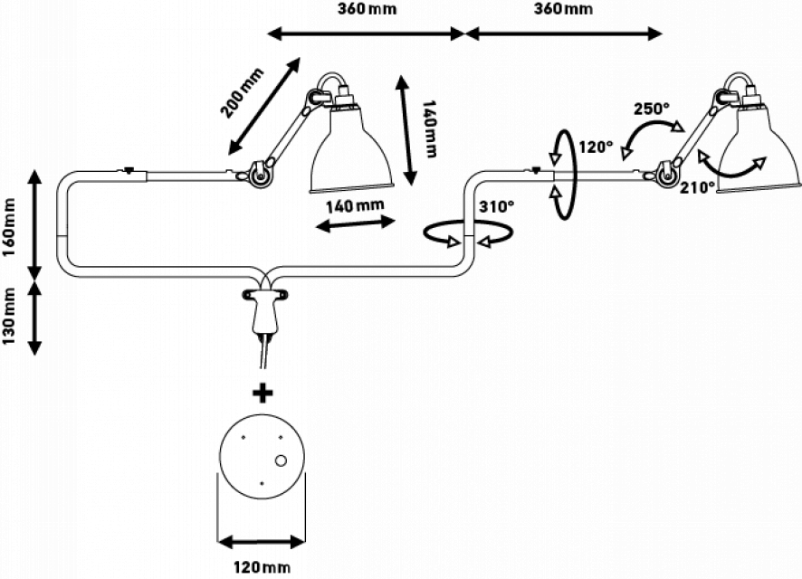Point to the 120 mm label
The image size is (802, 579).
click(x=261, y=567)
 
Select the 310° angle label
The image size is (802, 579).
click(x=496, y=206)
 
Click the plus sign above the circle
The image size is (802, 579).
click(x=263, y=393)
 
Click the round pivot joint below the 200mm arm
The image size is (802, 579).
click(x=261, y=175)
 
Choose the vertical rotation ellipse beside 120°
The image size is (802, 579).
click(x=563, y=175)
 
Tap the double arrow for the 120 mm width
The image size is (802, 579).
click(x=261, y=541)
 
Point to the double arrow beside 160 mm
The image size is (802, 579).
click(x=35, y=226)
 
